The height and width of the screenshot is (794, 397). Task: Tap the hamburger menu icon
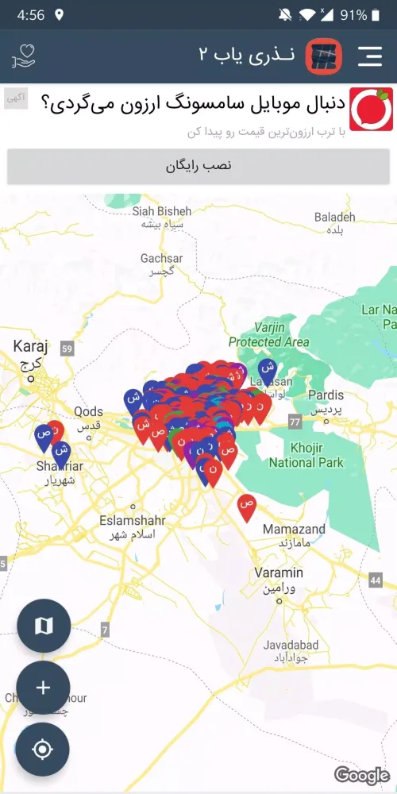pyautogui.click(x=370, y=56)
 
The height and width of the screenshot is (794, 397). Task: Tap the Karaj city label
pyautogui.click(x=31, y=353)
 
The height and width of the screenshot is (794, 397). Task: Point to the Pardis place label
pyautogui.click(x=326, y=402)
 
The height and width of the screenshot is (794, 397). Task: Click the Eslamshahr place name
pyautogui.click(x=129, y=527)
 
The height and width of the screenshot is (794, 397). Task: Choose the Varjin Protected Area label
pyautogui.click(x=269, y=334)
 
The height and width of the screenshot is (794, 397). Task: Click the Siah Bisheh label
pyautogui.click(x=162, y=217)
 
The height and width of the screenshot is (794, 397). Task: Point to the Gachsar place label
pyautogui.click(x=161, y=264)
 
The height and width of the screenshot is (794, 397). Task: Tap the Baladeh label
pyautogui.click(x=334, y=222)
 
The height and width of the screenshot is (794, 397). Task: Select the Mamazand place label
pyautogui.click(x=294, y=535)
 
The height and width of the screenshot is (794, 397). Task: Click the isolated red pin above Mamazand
pyautogui.click(x=247, y=506)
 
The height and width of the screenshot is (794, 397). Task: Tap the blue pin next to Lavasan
pyautogui.click(x=268, y=369)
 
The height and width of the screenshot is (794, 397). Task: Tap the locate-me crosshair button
pyautogui.click(x=43, y=750)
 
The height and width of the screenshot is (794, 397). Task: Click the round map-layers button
pyautogui.click(x=43, y=626)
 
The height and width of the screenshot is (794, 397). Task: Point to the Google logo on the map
pyautogui.click(x=361, y=774)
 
